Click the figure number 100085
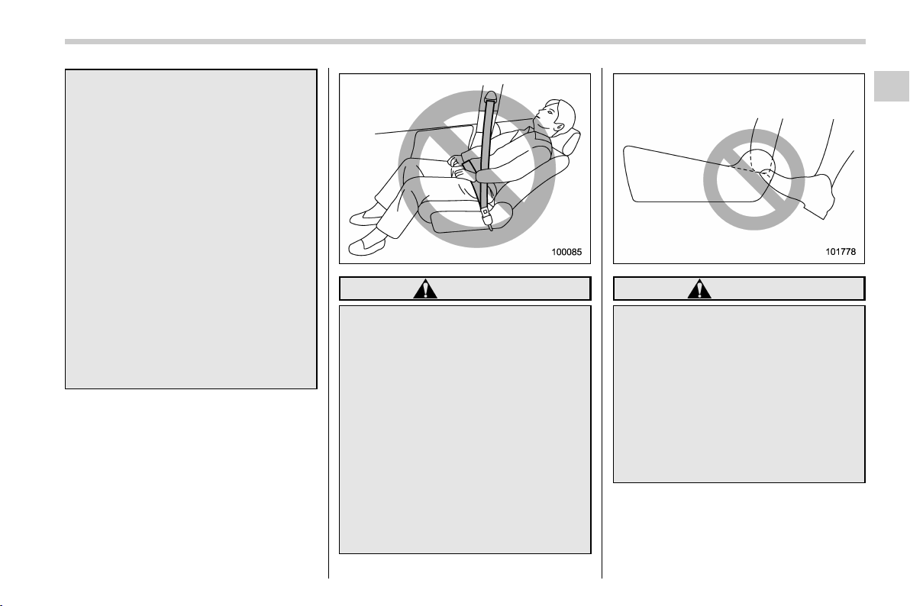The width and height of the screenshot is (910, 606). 566,253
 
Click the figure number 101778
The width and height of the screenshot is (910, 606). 841,253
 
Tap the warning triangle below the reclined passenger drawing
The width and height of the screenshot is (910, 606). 425,289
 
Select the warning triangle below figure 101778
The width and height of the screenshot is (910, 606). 699,289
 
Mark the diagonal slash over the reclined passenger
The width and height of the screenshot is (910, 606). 477,169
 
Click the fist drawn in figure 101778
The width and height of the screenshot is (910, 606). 819,194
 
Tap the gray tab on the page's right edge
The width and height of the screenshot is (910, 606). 892,86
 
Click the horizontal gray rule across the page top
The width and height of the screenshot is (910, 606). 465,41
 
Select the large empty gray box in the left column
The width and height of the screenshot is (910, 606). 191,229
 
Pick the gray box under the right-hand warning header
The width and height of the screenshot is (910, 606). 739,394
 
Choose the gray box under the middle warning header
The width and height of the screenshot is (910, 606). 465,430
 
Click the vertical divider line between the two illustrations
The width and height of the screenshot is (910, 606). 602,324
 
